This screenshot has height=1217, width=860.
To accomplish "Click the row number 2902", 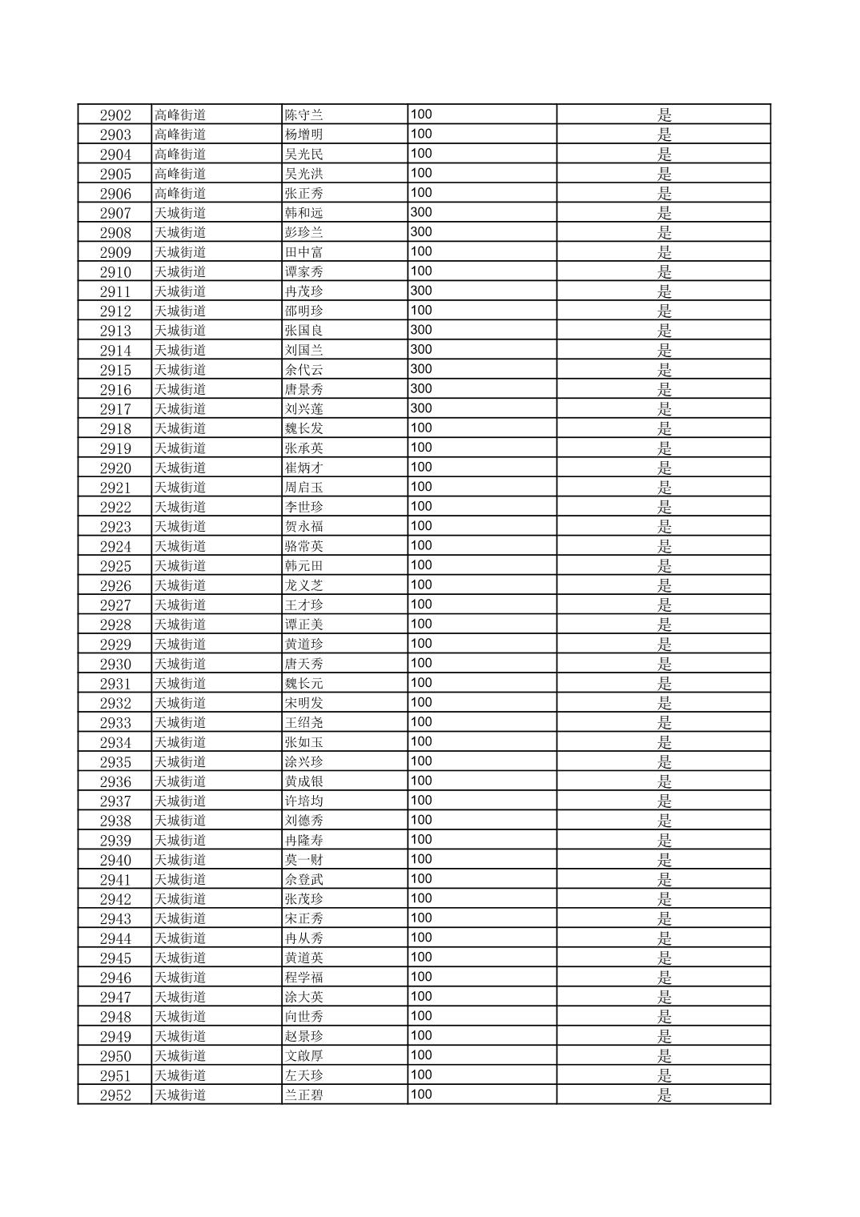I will click(x=115, y=114).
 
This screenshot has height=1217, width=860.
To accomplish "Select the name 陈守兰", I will click(x=303, y=114).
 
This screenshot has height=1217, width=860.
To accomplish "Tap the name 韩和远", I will click(x=303, y=213).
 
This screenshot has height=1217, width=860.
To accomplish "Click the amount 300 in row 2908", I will click(x=420, y=232).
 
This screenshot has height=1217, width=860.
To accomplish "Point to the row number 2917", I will click(x=115, y=409).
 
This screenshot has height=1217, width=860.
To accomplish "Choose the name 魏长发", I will click(x=303, y=428).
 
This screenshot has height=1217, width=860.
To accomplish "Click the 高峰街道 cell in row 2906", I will click(x=180, y=193).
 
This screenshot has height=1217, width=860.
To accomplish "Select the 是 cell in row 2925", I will click(x=664, y=566).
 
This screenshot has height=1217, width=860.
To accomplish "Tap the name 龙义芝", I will click(x=303, y=585).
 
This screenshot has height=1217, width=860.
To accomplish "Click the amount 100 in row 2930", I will click(x=420, y=664).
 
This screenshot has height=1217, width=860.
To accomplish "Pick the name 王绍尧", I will click(x=303, y=723).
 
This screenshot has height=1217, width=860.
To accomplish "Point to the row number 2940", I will click(x=115, y=860).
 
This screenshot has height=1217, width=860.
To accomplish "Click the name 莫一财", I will click(x=303, y=860).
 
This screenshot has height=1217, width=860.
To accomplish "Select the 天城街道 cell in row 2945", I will click(x=180, y=958).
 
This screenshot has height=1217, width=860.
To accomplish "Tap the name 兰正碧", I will click(x=303, y=1095).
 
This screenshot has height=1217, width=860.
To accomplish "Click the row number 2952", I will click(x=115, y=1095).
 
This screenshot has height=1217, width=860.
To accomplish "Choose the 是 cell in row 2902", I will click(x=664, y=114).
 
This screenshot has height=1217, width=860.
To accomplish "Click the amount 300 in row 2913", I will click(x=420, y=330).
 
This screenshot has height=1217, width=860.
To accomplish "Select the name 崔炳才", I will click(x=303, y=468).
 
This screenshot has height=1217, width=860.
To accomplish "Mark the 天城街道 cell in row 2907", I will click(x=180, y=213).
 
